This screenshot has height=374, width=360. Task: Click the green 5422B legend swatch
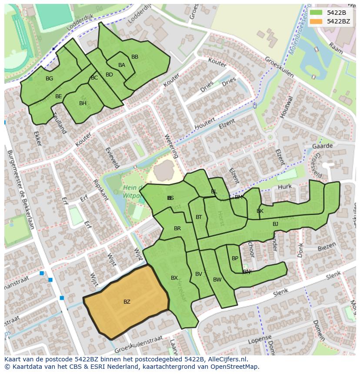coord(317,13)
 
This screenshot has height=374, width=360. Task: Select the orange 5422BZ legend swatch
coord(317,21)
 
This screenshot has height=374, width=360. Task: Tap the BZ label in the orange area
coord(127,301)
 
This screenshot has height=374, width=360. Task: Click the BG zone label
coord(49,79)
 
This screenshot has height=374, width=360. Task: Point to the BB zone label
coord(135,57)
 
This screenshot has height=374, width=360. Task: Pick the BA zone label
coord(122,65)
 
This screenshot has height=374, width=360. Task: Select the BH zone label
coord(83,103)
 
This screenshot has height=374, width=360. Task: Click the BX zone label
coord(174,278)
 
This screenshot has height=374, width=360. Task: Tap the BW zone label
coord(217,280)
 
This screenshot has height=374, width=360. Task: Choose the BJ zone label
coord(275,224)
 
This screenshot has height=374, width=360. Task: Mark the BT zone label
coord(199,217)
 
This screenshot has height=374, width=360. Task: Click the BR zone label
coord(177,228)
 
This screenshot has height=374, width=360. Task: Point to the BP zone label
coord(235,258)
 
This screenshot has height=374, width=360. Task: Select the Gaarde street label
coord(322,146)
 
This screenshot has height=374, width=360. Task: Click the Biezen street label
coord(327,248)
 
